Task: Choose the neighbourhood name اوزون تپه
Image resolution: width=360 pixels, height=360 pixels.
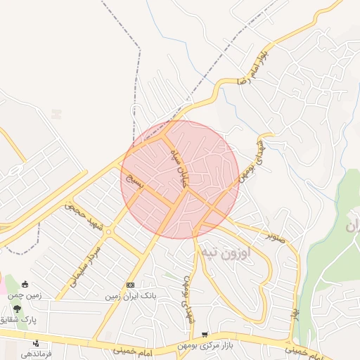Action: coord(240,252)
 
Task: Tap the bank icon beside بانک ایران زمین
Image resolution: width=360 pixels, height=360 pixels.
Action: coord(130,285)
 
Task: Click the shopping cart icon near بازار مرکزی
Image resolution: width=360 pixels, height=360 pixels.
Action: coord(204,335)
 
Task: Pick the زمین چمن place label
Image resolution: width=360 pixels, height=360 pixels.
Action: coord(25,296)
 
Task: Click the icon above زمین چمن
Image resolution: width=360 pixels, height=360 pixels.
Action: coord(26,284)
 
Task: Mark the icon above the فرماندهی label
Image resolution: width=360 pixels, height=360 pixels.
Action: coord(36,342)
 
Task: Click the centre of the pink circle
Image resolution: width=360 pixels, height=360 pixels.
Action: coord(180,179)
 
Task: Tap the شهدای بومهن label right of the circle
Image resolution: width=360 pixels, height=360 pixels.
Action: coord(251,158)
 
